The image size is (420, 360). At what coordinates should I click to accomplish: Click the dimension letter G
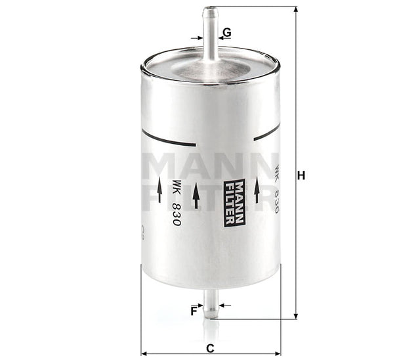tap(226, 32)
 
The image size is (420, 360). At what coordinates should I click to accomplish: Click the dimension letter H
tap(302, 175)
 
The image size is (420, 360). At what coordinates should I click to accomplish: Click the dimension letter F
tap(194, 311)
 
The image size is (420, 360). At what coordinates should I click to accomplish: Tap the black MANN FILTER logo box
tap(234, 202)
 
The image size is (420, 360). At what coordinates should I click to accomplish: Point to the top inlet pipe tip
tap(210, 11)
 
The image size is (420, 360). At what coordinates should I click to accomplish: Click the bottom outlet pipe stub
tap(210, 306)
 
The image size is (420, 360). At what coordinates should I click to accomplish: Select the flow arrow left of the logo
tap(196, 195)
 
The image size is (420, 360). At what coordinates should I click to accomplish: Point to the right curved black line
tap(266, 133)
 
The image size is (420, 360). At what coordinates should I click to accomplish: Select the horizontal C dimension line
tap(210, 353)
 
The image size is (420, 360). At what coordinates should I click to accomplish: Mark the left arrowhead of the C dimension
tap(144, 353)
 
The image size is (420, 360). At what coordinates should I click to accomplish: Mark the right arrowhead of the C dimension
tap(277, 353)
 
